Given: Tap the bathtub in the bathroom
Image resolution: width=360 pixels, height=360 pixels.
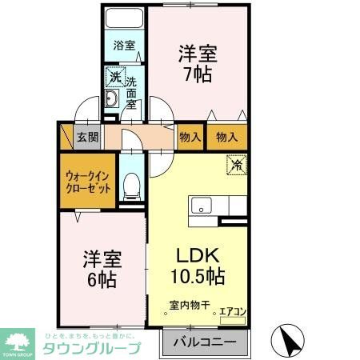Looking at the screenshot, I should pos(123,19).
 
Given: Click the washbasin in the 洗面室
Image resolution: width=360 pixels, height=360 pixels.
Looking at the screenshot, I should pos(113,100).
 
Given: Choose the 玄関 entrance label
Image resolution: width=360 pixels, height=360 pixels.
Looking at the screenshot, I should pos(87,137).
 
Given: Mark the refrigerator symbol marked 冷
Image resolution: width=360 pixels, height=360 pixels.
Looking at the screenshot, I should pos(238,166).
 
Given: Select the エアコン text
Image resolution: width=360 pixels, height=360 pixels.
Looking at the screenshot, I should pos(233,305).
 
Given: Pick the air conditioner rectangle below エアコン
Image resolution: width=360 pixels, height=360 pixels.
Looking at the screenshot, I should pos(232,318).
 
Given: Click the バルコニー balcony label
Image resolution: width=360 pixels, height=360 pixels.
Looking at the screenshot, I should pos(206,342).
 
